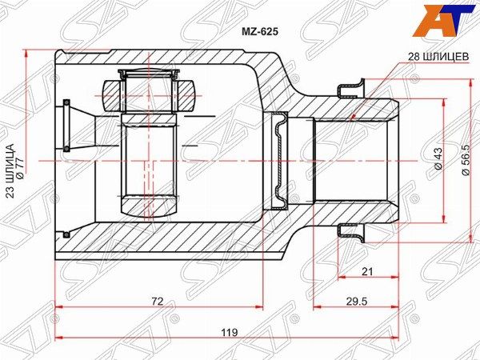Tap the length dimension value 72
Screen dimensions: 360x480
[x=158, y=302]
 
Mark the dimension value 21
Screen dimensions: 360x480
[x=367, y=272]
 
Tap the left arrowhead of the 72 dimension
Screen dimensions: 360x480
[x=58, y=309]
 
